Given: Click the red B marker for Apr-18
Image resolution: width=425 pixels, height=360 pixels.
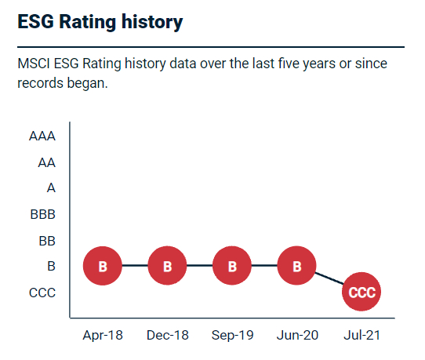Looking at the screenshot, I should pos(103,267).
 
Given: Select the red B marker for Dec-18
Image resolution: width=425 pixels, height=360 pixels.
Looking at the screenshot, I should pos(167,267).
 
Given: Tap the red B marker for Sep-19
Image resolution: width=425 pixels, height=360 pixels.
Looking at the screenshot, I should pos(232,267).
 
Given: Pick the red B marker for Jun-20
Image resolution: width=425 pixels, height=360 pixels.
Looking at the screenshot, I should pos(296,267).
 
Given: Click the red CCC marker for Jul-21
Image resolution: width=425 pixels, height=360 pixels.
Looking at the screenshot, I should pos(361,293).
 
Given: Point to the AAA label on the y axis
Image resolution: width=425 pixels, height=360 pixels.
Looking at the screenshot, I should pos(42,136).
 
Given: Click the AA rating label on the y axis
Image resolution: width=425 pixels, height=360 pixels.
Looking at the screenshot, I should pos(46,162).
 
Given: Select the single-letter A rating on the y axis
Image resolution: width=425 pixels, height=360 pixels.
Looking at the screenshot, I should pos(51,188).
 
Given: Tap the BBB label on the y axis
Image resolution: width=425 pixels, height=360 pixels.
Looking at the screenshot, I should pos(42,214).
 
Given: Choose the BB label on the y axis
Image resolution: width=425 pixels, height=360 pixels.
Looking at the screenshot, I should pos(46,241).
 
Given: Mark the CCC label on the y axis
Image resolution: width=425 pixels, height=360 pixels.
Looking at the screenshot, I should pos(42,293).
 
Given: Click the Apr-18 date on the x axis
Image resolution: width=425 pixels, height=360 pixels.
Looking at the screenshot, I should pos(103,335).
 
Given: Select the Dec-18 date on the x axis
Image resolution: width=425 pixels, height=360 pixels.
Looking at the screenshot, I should pos(167,335).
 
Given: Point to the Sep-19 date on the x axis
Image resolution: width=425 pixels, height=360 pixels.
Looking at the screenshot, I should pos(232,335).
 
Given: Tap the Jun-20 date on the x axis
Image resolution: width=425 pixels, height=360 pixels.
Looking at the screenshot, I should pos(296,335).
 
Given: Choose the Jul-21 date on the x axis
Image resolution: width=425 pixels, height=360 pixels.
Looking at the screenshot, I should pos(361,335).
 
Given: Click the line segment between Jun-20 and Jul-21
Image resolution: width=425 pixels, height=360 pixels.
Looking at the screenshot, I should pos(329,279).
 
